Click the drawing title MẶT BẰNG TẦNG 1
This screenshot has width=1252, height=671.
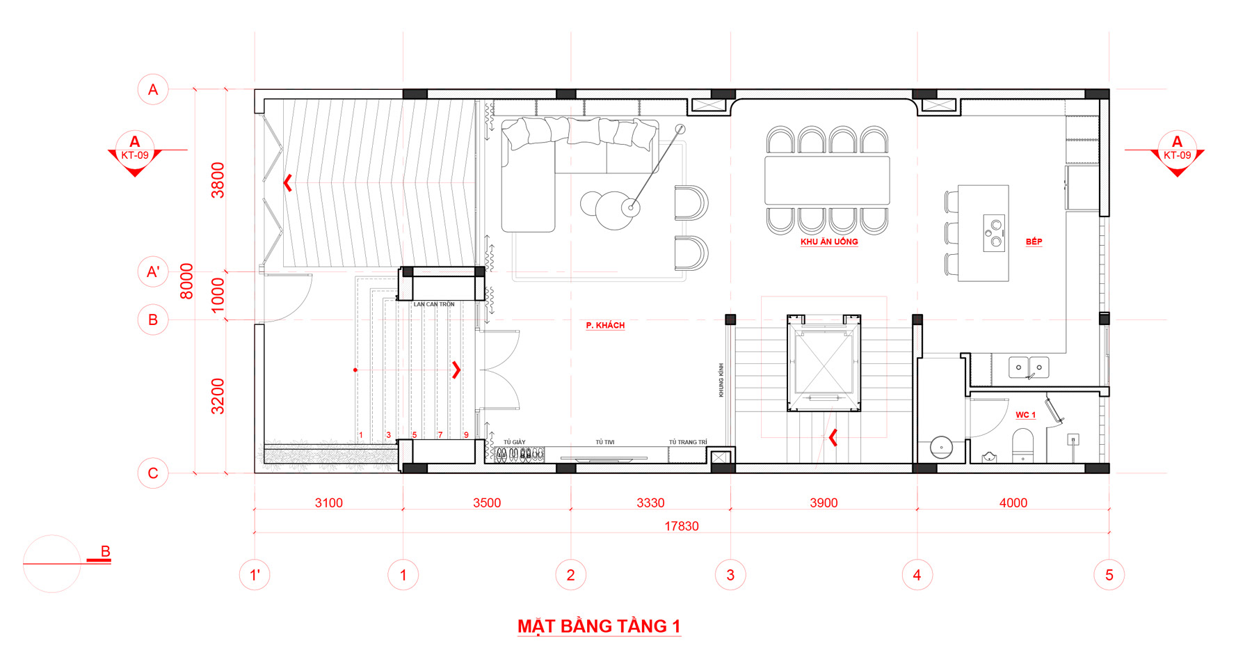coord(599,626)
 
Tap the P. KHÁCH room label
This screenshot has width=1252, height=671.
coord(605,325)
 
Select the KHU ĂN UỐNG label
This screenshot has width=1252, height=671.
coord(829,242)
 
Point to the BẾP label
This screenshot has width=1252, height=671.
coord(1034,242)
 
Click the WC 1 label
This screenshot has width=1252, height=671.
coord(1025,415)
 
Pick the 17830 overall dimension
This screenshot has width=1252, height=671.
coord(681,526)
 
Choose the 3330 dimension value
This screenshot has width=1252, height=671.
coord(650,503)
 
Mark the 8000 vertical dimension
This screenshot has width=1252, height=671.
coord(186,281)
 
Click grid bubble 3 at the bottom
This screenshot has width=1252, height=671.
coord(730,575)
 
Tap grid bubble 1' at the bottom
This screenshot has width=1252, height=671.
coord(255,575)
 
